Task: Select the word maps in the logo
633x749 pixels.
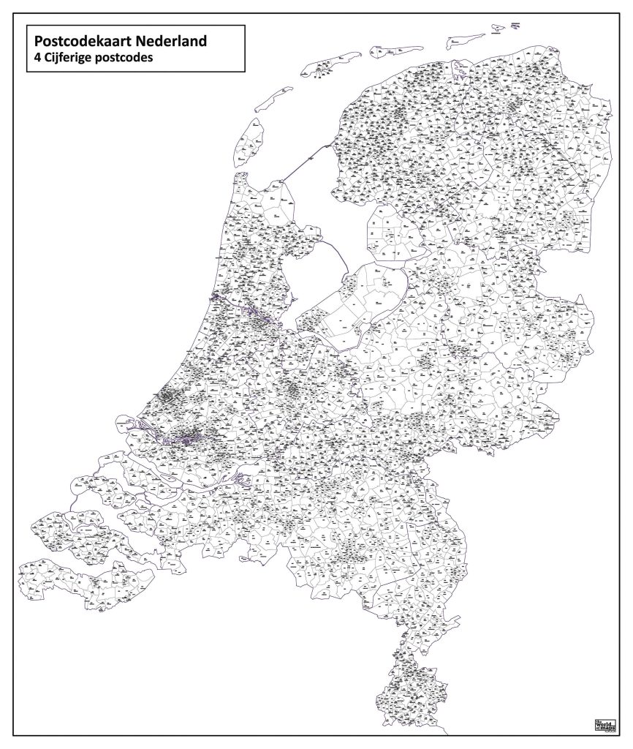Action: pyautogui.click(x=603, y=727)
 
